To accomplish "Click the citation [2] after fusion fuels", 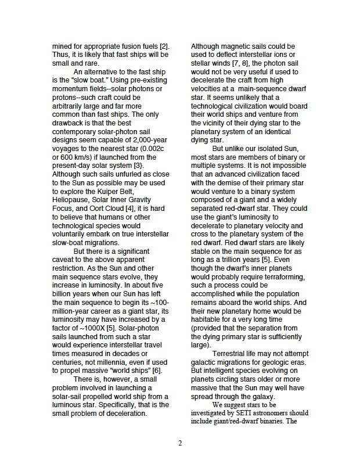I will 164,46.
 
